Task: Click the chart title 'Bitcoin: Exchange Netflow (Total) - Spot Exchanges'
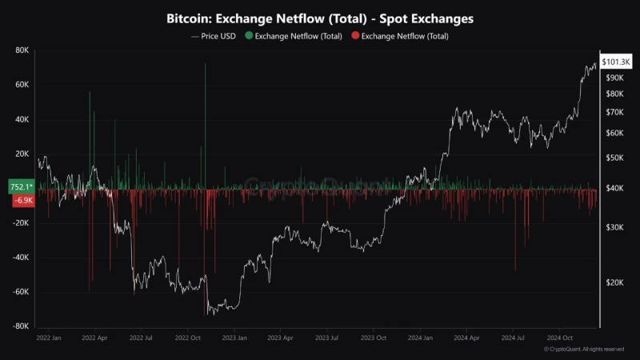(319, 18)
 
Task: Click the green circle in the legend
(249, 36)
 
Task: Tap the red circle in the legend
(355, 36)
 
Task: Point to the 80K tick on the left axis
(22, 50)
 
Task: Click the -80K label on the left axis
(20, 326)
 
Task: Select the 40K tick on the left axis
(22, 120)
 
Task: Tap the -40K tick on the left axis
(20, 258)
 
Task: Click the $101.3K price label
(616, 62)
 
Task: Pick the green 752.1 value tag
(22, 186)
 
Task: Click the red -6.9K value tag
(23, 200)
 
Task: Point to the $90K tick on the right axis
(614, 78)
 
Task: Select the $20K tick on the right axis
(614, 282)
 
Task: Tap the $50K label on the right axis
(614, 158)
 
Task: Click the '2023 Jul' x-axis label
(328, 338)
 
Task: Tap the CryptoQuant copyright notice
(583, 350)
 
